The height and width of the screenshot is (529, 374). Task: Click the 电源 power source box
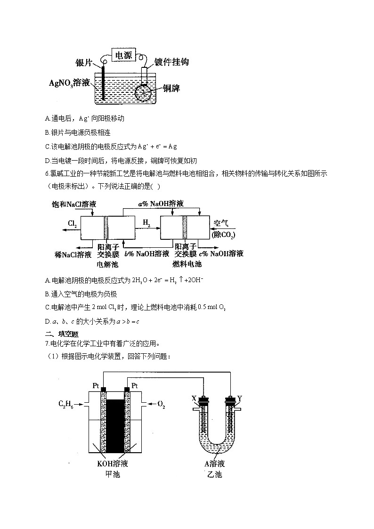124,55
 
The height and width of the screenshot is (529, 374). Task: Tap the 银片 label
84,62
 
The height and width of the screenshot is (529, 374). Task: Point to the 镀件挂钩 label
171,62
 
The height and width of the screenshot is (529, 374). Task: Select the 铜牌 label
171,88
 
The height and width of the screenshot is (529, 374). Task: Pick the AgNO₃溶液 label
70,82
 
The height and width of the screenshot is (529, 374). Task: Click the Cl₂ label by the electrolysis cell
72,223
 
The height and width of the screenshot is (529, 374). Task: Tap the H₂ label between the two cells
146,223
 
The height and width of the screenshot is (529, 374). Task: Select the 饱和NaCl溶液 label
74,204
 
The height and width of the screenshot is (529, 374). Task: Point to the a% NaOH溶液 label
161,203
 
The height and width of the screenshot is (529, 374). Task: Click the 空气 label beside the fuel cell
221,223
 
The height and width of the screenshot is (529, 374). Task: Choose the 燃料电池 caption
187,264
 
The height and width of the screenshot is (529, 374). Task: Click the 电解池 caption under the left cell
107,265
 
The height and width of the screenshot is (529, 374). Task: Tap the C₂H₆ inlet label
66,404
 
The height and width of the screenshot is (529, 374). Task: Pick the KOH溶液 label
112,464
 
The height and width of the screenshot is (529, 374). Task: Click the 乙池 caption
214,474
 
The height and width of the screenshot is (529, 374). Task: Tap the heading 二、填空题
62,334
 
